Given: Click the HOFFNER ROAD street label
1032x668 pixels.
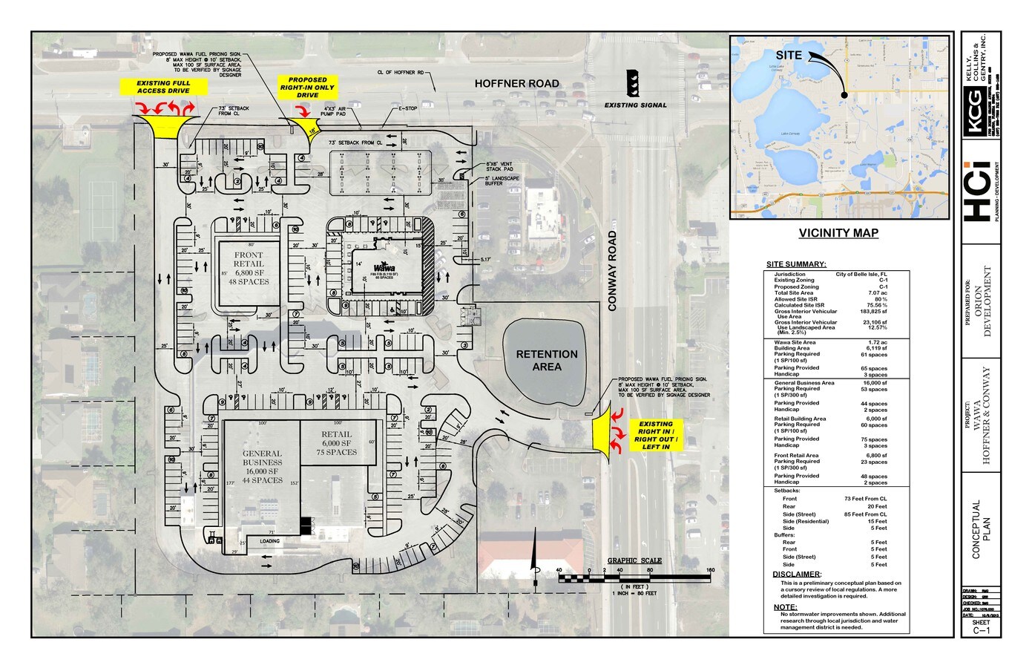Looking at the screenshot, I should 516,84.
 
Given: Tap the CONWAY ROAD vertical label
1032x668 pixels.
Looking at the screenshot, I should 613,270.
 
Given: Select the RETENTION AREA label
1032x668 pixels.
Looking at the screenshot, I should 547,360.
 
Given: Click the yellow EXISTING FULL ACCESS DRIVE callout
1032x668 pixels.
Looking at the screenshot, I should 162,87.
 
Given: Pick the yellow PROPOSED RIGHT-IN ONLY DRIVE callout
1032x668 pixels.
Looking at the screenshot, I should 307,87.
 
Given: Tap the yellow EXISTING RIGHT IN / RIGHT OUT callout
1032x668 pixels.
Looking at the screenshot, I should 655,436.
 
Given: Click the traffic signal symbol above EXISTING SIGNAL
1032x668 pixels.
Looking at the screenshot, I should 633,83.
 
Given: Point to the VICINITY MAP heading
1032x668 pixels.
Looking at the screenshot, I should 838,233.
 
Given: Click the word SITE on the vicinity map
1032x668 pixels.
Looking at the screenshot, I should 789,56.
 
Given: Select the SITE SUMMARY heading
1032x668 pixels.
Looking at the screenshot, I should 796,264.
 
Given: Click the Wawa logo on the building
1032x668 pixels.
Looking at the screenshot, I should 384,266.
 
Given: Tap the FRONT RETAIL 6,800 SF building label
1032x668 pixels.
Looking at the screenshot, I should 249,268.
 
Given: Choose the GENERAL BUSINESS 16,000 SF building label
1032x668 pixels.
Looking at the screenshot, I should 262,466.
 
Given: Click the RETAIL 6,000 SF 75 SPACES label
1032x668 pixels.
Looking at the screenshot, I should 336,443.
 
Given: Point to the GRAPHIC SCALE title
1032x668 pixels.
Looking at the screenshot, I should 634,560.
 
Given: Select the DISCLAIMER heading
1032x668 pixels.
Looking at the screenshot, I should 797,574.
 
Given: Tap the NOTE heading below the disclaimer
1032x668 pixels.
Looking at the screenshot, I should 785,607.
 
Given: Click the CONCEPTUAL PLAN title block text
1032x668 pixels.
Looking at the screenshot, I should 981,529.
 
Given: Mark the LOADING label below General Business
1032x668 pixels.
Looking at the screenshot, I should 269,541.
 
